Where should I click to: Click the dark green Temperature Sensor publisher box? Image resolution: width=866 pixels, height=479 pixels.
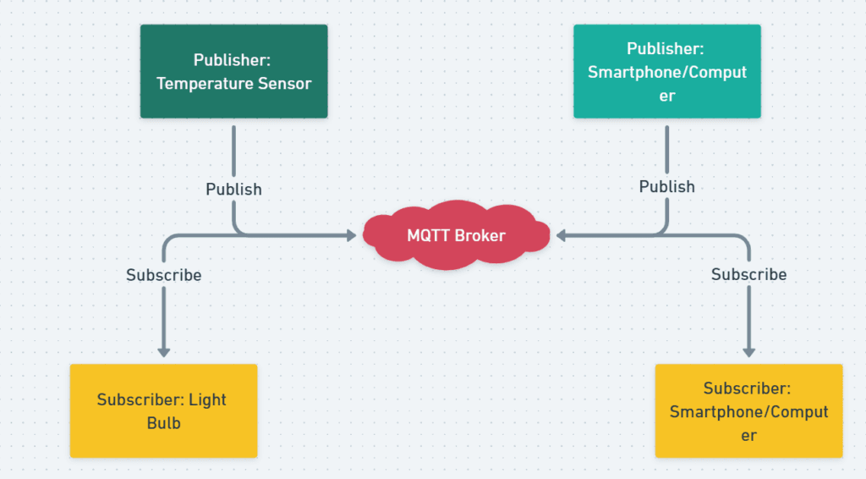[233, 71]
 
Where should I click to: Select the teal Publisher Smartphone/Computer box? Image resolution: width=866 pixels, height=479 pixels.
[666, 71]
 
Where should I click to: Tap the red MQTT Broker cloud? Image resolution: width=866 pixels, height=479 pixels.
[456, 235]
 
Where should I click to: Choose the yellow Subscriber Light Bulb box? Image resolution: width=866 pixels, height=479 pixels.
[163, 410]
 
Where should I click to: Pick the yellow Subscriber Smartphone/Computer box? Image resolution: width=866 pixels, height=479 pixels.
[748, 410]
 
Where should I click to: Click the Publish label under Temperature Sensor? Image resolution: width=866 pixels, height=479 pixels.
[233, 189]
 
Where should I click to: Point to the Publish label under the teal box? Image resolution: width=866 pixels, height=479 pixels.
[666, 186]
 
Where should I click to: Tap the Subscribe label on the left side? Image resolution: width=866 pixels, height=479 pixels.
[164, 275]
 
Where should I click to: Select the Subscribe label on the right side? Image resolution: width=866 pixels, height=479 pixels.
[748, 274]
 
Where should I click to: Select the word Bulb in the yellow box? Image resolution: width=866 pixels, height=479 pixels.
[163, 422]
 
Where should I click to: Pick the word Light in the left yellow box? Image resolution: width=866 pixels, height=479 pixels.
[208, 399]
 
